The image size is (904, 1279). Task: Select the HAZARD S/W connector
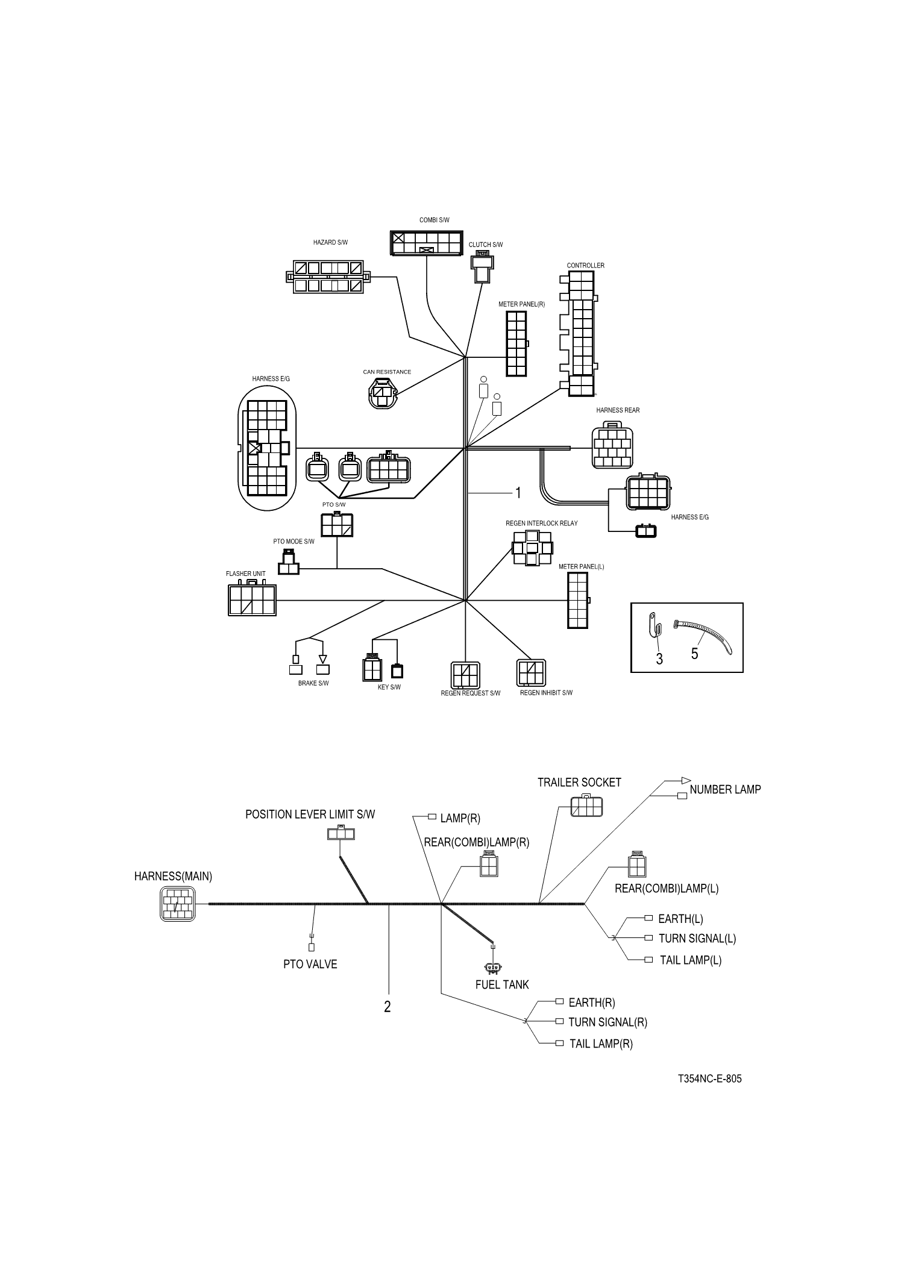pos(328,277)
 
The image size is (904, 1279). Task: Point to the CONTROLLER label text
pos(585,266)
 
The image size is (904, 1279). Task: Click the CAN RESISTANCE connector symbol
pos(383,393)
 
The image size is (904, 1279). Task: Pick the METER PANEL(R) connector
pos(516,344)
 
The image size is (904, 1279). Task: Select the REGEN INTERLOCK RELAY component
pos(532,548)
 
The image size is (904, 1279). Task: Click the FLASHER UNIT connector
pos(252,600)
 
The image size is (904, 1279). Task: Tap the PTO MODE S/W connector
pos(289,564)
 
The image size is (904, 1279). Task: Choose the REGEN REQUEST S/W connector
pos(465,675)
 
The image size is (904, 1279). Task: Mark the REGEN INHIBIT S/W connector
pos(531,673)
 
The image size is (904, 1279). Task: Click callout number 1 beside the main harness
pos(517,493)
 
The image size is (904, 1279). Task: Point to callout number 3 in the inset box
pos(659,659)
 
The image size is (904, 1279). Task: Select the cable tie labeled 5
pos(705,636)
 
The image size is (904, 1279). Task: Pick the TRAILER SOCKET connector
pos(586,805)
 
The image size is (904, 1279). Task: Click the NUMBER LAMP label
pos(725,789)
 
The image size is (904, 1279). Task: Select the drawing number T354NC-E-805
pos(709,1079)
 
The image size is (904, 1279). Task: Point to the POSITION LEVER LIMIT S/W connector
pos(341,834)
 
